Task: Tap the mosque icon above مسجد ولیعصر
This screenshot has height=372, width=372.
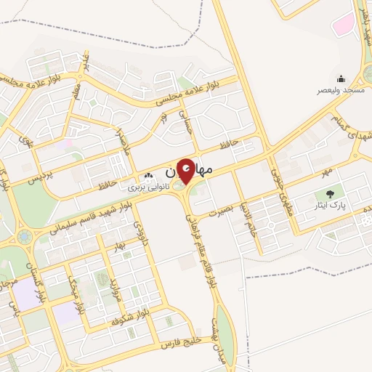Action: [x=341, y=79]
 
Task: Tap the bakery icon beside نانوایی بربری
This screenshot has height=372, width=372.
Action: [x=149, y=175]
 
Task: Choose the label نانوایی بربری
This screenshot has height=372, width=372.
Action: [x=149, y=187]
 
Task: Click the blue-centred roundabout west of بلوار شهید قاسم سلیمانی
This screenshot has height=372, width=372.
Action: [x=25, y=236]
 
